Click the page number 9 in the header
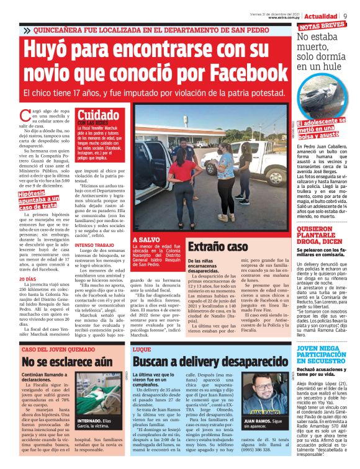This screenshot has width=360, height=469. pyautogui.click(x=345, y=16)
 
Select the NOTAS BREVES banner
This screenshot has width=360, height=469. pyautogui.click(x=322, y=27)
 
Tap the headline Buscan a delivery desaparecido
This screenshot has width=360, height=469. pyautogui.click(x=202, y=362)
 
